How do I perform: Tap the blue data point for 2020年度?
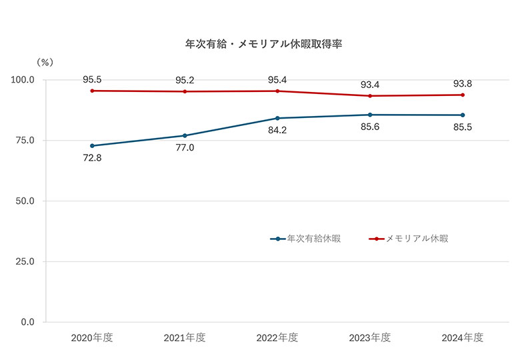coord(92,145)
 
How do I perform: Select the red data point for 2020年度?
coord(92,91)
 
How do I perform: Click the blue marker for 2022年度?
coord(277,118)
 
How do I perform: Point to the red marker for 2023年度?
coord(370,96)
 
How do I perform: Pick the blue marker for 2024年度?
coord(463,115)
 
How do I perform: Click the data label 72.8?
coord(92,159)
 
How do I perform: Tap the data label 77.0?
coord(185,148)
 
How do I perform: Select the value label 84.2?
coord(277,131)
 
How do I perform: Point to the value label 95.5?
coord(92,79)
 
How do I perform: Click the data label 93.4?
coord(370,85)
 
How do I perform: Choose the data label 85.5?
coord(463,127)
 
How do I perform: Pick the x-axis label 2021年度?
coord(185,338)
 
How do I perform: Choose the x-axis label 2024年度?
coord(463,338)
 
